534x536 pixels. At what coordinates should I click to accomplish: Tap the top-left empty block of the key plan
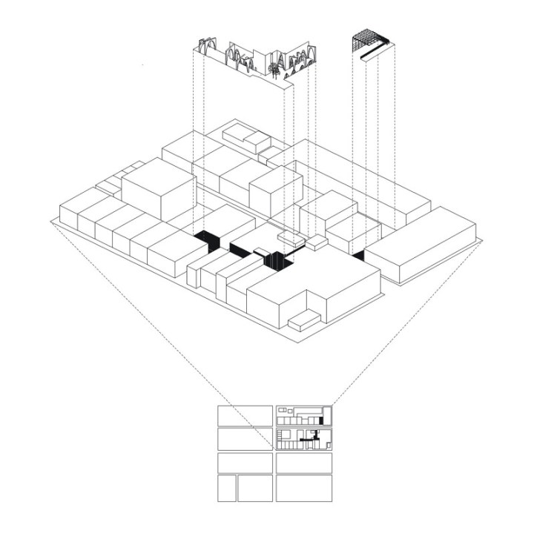tap(245, 415)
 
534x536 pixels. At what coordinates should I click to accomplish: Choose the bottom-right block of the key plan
tap(303, 489)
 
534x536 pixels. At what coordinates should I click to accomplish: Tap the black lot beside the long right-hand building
tap(358, 256)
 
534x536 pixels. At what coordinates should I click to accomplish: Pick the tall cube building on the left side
tap(157, 191)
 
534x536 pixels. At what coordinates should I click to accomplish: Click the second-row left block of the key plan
tap(245, 439)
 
